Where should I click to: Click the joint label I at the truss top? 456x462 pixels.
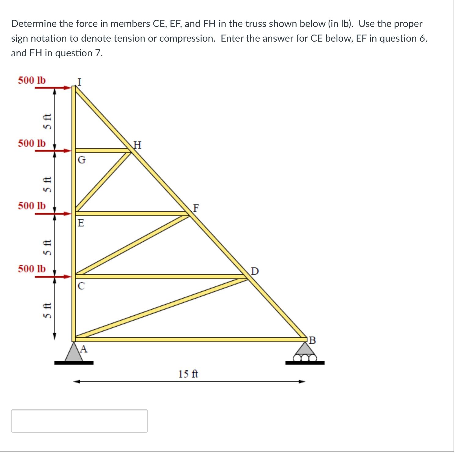(79, 82)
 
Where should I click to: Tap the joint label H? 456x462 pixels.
(138, 145)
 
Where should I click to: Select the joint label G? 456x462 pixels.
(82, 160)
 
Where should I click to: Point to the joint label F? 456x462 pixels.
(196, 208)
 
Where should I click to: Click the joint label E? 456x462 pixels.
(81, 223)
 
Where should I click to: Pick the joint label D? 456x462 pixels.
(255, 271)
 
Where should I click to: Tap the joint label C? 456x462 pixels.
(81, 286)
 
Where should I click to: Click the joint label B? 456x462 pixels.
(312, 340)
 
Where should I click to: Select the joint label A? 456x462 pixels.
(84, 349)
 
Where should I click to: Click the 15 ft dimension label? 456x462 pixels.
(188, 374)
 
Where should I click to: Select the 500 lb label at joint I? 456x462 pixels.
(32, 80)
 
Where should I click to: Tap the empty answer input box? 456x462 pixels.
(79, 421)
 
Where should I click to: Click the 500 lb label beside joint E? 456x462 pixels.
(32, 206)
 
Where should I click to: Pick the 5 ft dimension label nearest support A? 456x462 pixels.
(47, 310)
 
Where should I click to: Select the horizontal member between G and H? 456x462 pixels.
(102, 151)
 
